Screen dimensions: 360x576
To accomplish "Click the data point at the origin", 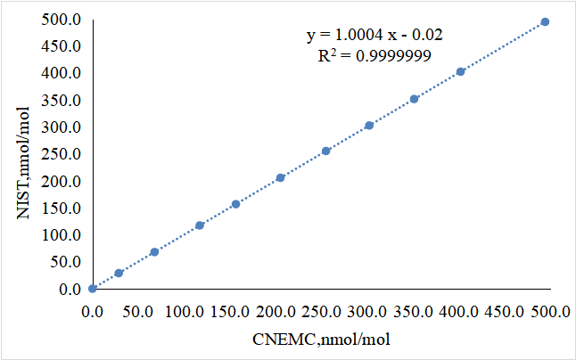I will [x=93, y=289].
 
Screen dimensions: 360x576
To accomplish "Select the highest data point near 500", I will [x=545, y=22].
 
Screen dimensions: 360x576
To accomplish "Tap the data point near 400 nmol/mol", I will [x=460, y=72].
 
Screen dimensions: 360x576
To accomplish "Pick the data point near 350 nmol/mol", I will [x=414, y=99].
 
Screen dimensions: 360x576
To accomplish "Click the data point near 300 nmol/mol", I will [x=369, y=126].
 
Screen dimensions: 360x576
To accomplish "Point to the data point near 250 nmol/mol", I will [x=325, y=151].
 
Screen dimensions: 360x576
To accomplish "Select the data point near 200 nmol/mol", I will [x=280, y=178].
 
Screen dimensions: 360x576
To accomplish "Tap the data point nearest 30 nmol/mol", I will [x=119, y=274].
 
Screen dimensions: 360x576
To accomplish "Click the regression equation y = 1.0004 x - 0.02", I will [x=375, y=36].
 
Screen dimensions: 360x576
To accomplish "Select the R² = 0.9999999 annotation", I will [x=375, y=56].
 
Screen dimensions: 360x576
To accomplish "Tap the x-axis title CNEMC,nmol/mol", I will [x=320, y=340].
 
